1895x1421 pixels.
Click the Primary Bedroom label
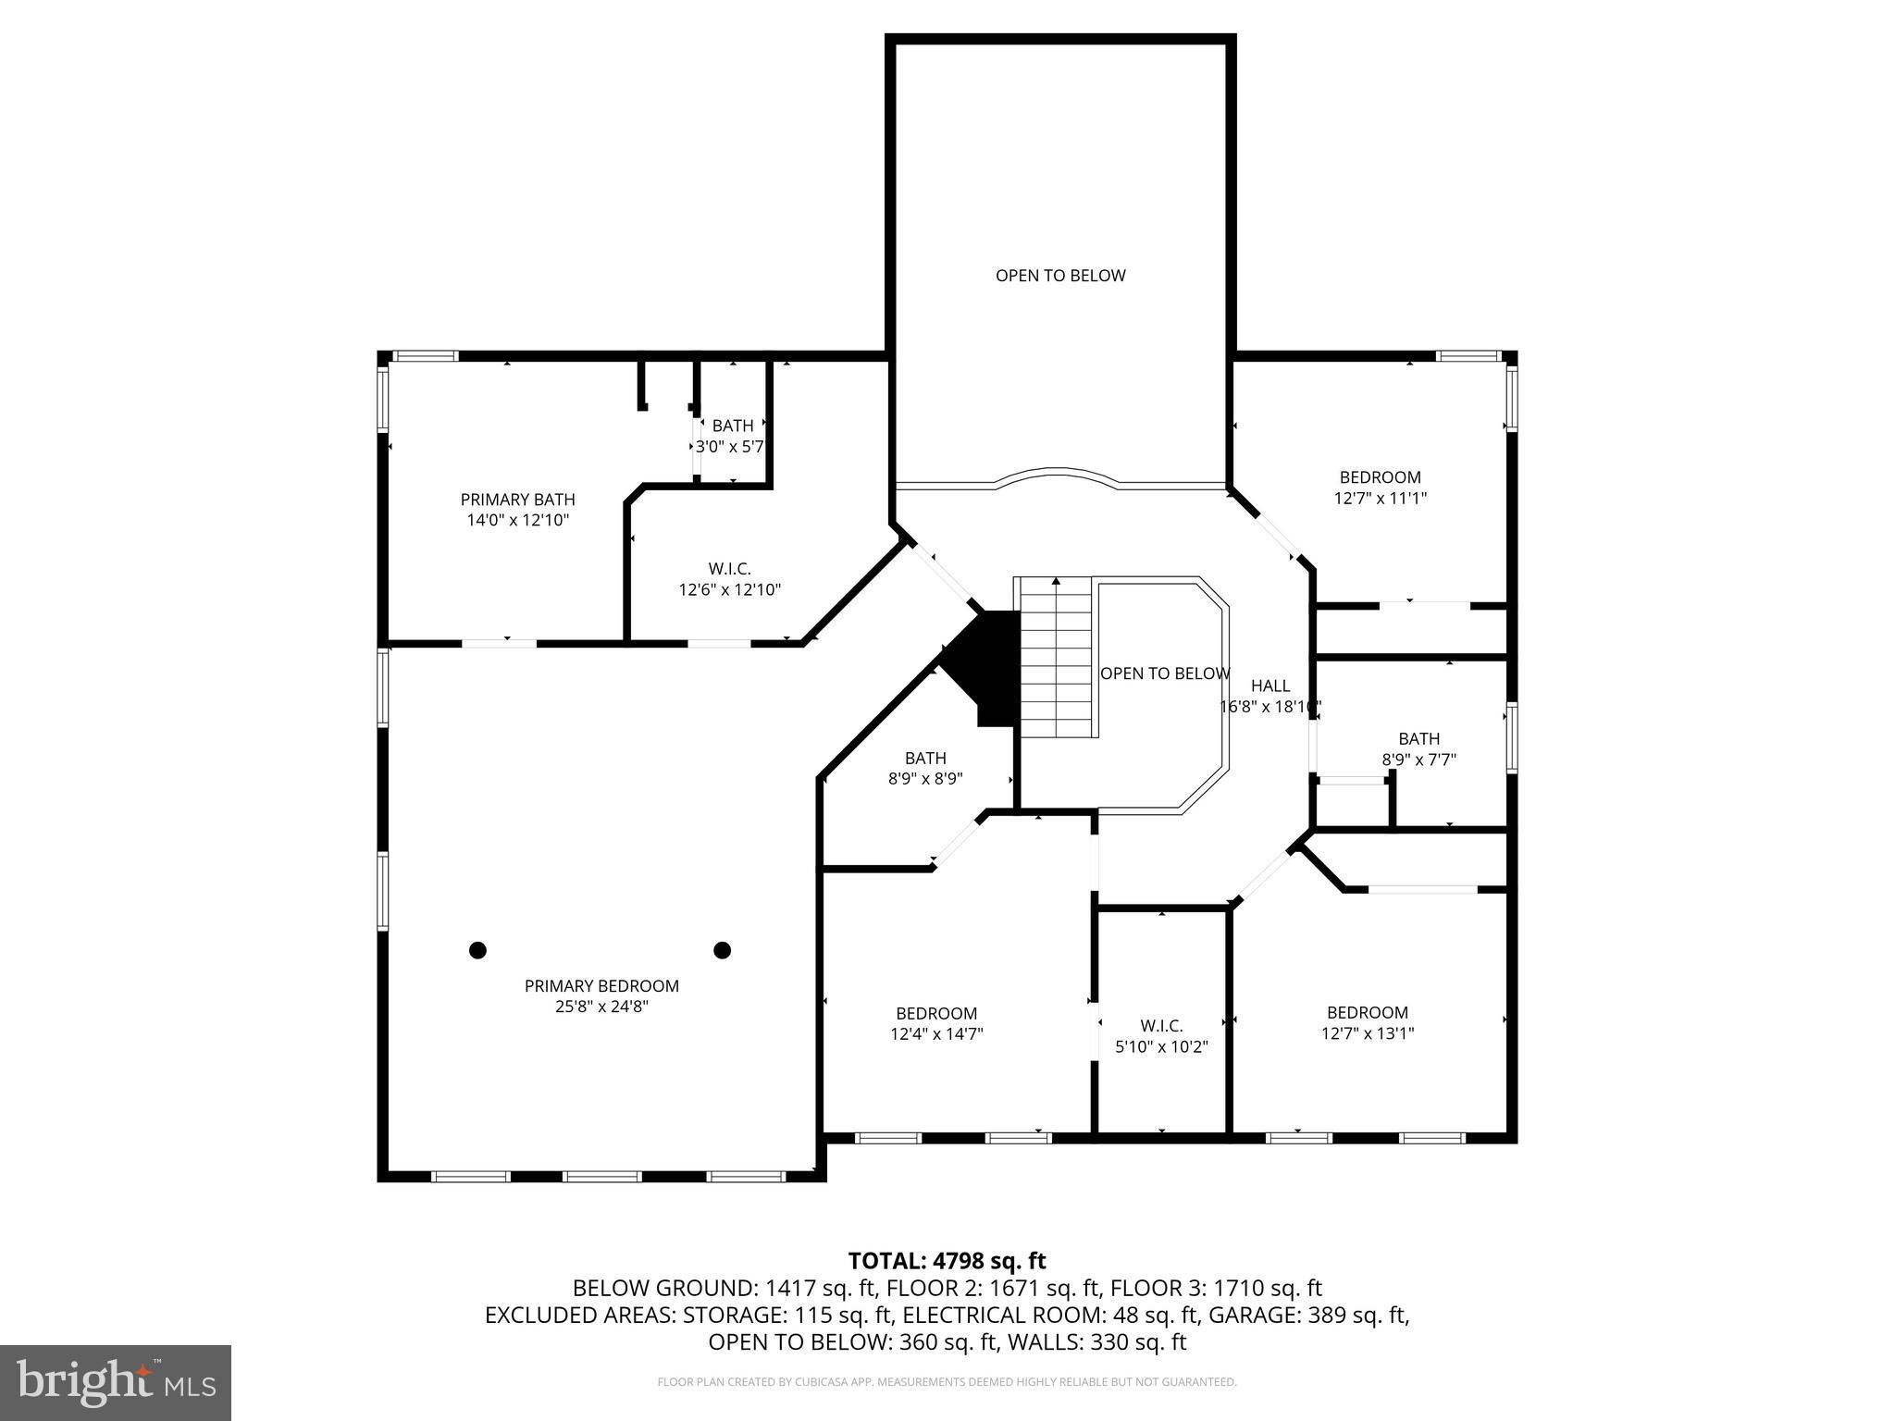(x=601, y=986)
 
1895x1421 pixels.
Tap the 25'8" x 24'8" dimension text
(x=601, y=1007)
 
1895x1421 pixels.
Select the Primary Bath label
(x=517, y=500)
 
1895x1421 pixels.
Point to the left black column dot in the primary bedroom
(x=477, y=950)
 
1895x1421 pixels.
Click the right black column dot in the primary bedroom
(x=723, y=950)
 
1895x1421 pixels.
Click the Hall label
(x=1270, y=686)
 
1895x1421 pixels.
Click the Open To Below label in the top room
(x=1060, y=276)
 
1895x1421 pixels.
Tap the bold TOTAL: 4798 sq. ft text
(x=947, y=1261)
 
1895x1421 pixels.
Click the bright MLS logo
(x=116, y=1383)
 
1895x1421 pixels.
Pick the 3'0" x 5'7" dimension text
(x=731, y=446)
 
